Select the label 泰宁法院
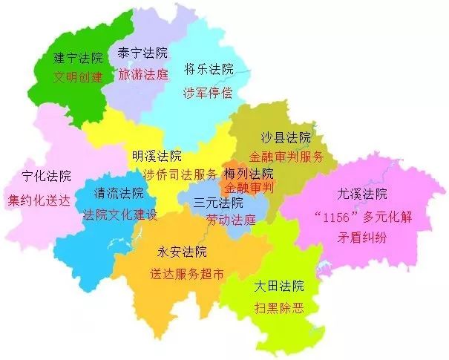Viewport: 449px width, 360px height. [x=143, y=53]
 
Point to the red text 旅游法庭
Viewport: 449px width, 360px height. [x=143, y=73]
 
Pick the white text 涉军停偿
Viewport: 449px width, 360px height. [x=209, y=93]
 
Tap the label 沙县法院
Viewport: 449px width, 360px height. [x=286, y=137]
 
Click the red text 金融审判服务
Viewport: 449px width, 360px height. [x=286, y=157]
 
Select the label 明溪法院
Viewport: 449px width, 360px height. [x=157, y=156]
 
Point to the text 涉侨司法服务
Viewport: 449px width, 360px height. [x=180, y=175]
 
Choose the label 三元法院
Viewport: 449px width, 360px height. [x=218, y=202]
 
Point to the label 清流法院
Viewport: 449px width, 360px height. [x=119, y=194]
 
